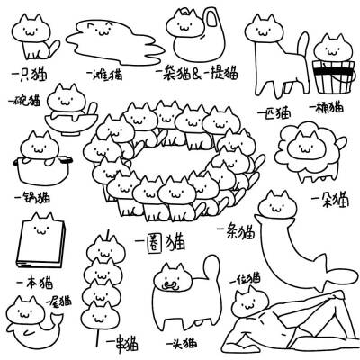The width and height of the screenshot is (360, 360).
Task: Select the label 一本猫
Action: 33,283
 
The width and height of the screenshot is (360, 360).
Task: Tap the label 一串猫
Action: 121,343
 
